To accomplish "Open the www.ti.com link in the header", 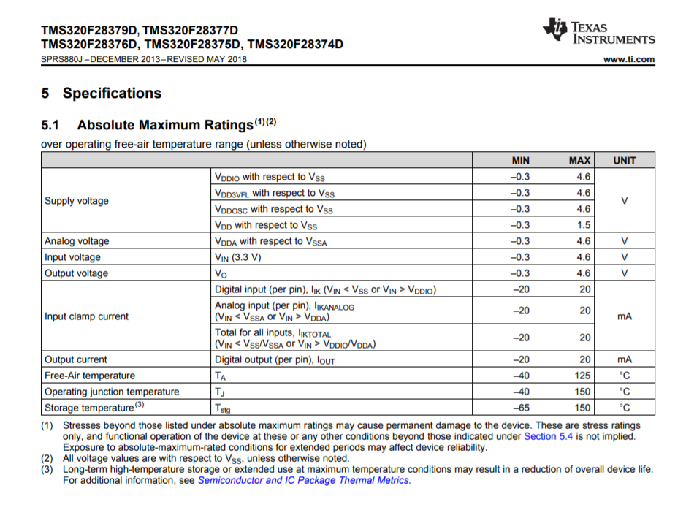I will coord(629,59).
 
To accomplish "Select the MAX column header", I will coord(579,160).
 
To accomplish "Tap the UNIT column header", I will coord(624,160).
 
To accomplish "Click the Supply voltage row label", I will coord(77,201).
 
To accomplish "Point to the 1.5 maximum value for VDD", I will coord(583,225).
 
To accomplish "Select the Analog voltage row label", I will coord(77,241).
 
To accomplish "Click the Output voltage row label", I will coord(76,273).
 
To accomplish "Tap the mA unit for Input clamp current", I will coord(624,316).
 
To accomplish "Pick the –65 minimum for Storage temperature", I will coord(521,408).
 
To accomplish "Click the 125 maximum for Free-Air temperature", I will coord(582,376).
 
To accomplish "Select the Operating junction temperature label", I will coord(112,392).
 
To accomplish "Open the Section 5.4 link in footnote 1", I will coord(548,436).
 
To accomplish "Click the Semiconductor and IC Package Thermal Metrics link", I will coord(303,480).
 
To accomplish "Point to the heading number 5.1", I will coord(50,125).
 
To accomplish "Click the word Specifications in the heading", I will coord(112,94).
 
